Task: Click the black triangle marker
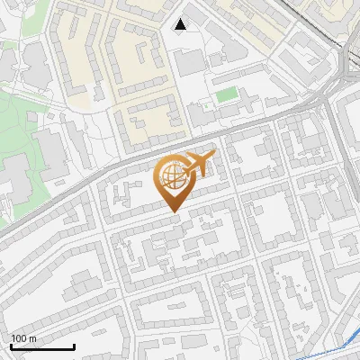pos(181,24)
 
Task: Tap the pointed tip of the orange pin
pos(173,212)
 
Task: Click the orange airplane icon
pos(199,165)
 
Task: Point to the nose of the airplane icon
pos(213,157)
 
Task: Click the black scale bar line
pos(42,346)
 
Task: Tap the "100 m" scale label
pos(23,338)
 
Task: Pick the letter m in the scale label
pos(32,338)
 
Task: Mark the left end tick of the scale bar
pos(11,345)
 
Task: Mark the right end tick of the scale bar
pos(74,345)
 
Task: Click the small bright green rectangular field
pos(227,94)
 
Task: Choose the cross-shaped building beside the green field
pos(202,114)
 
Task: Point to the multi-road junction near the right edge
pos(343,81)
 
